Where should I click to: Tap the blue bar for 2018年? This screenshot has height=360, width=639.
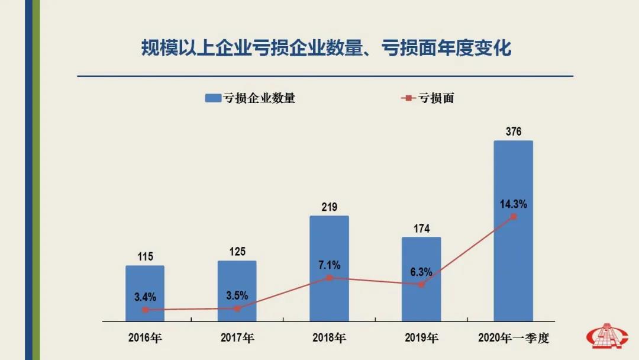point(329,249)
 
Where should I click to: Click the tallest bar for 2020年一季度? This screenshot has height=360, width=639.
point(513,178)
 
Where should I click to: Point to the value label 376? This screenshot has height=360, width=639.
point(514,131)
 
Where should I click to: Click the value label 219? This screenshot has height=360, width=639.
point(330,207)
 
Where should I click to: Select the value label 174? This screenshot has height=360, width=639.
point(422,229)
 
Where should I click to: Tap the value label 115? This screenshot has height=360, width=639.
point(145,256)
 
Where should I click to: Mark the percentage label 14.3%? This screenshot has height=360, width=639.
point(513,204)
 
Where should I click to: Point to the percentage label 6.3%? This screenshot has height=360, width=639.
point(421,272)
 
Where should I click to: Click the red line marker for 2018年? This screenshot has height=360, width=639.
point(330,277)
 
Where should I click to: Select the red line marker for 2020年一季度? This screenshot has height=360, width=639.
point(514,217)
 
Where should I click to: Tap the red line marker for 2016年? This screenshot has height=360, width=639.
point(145,310)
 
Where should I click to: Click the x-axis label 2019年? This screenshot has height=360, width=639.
point(421,339)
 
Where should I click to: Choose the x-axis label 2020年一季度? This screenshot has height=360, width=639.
point(514,339)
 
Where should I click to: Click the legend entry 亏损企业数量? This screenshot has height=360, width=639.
point(251,98)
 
